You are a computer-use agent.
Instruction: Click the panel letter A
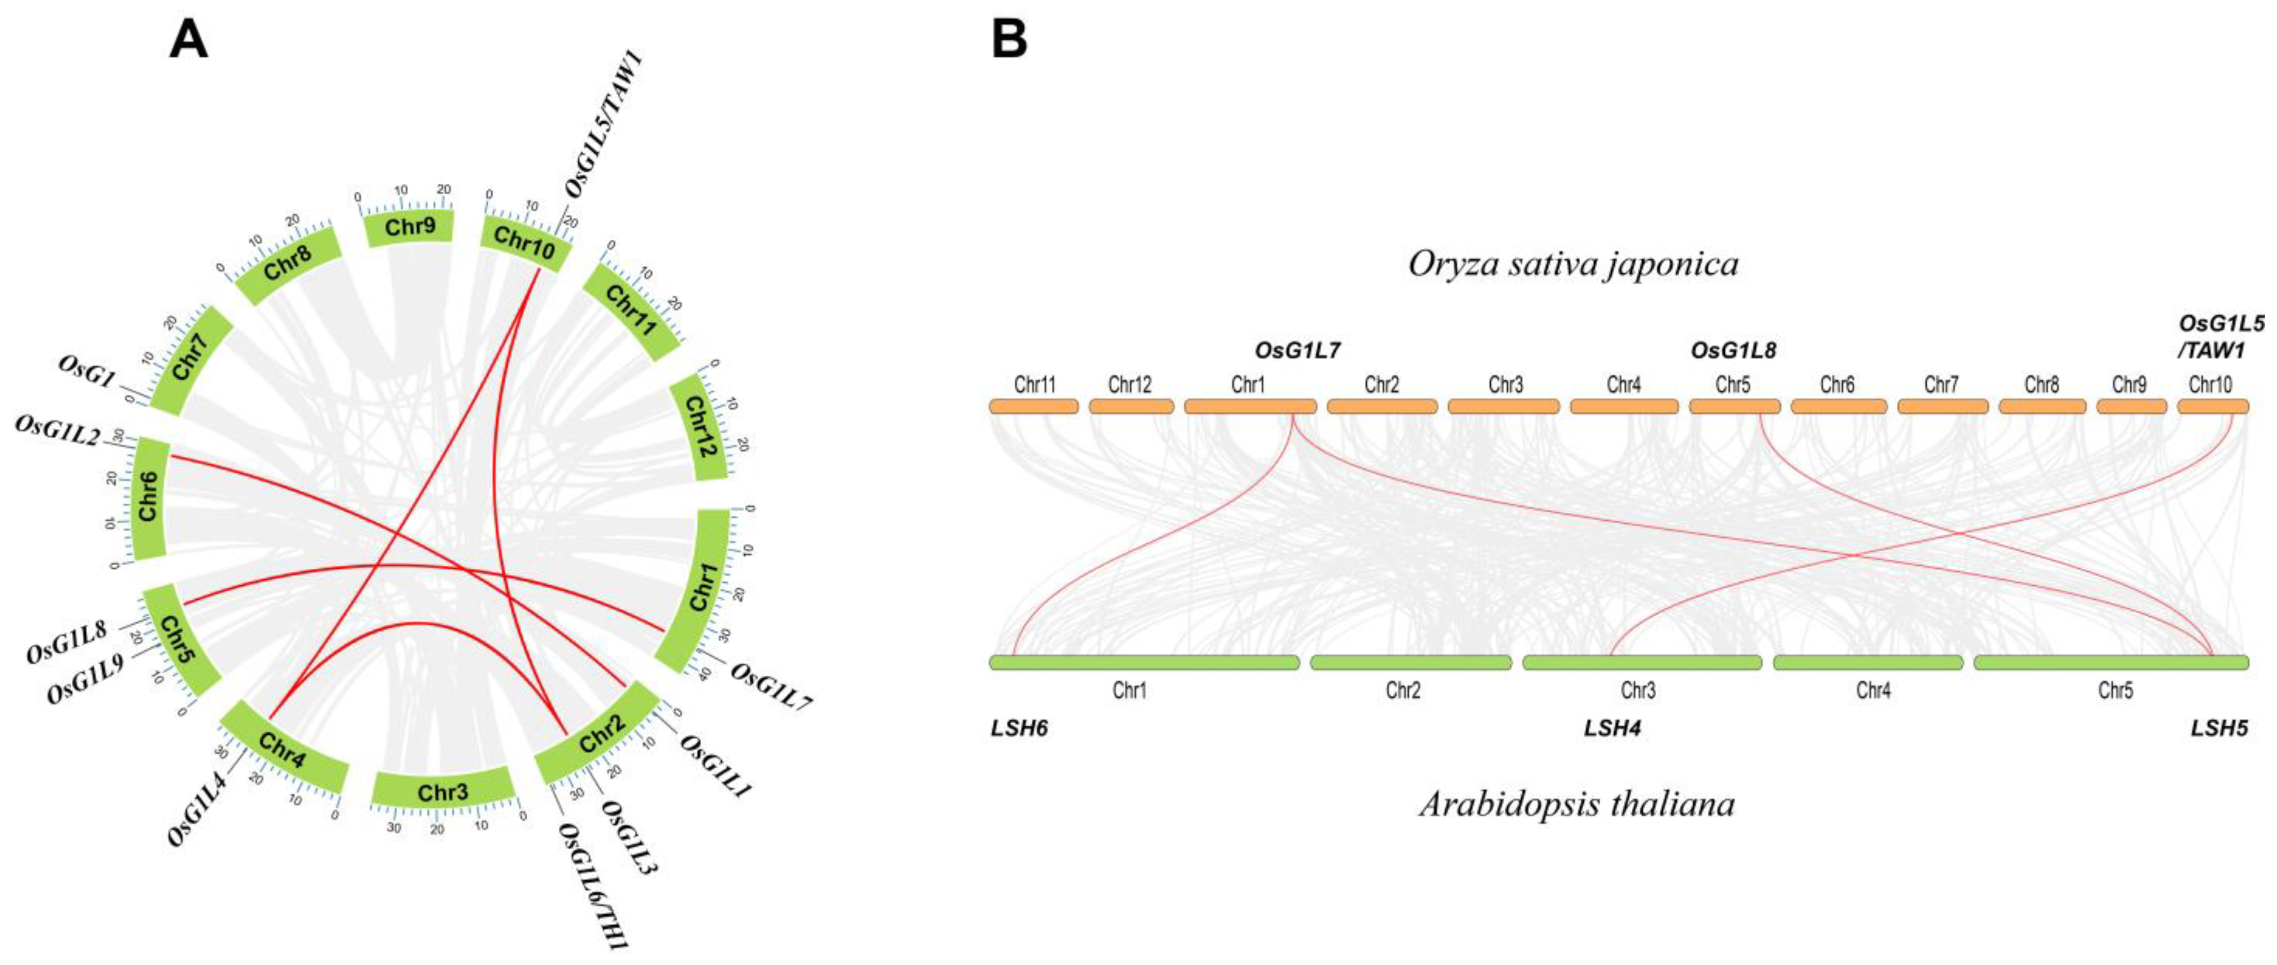pyautogui.click(x=188, y=41)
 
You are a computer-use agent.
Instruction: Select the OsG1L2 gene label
pyautogui.click(x=57, y=430)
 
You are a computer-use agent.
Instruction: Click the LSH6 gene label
pyautogui.click(x=1019, y=729)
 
